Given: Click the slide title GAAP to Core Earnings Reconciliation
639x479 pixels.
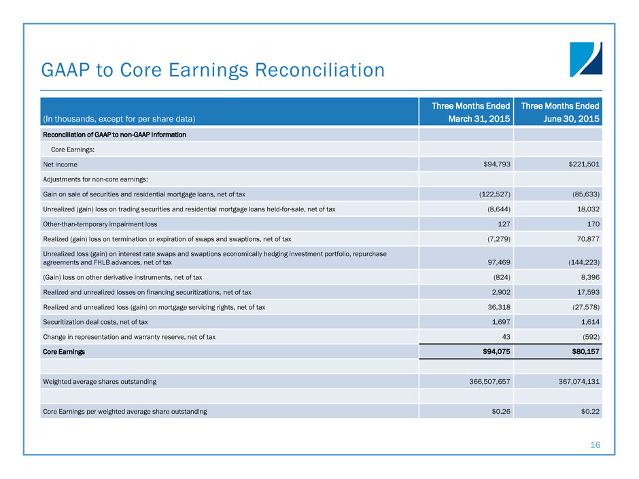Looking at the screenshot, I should click(x=213, y=70).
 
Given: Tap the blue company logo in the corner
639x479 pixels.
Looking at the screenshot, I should click(x=585, y=59).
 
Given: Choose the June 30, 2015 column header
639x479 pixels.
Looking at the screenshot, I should click(x=560, y=112).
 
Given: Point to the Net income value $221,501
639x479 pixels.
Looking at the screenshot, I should click(x=578, y=164).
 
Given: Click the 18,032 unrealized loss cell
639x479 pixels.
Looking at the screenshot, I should click(x=585, y=209).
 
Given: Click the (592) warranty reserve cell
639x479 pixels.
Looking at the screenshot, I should click(x=587, y=336).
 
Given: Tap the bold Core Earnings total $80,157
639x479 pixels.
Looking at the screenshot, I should click(x=579, y=351).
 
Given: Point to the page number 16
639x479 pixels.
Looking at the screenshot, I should click(x=595, y=445).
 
